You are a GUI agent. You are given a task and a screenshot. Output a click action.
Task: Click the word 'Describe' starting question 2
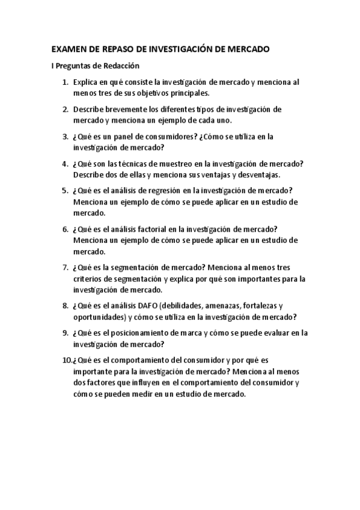click(90, 109)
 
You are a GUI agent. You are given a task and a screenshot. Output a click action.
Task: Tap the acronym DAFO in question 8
click(148, 306)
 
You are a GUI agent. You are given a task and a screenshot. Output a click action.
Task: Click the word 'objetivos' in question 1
click(145, 93)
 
